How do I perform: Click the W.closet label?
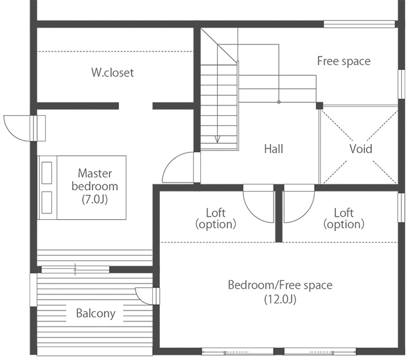(x=112, y=73)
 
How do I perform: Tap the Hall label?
(x=274, y=148)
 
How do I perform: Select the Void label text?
(x=361, y=148)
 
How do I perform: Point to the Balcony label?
(x=96, y=313)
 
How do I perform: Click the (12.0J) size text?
(x=280, y=299)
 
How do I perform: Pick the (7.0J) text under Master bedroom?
(x=94, y=199)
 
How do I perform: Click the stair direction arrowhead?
(x=217, y=139)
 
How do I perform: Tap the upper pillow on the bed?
(x=47, y=173)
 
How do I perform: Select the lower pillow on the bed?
(x=47, y=203)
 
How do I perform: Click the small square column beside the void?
(x=319, y=105)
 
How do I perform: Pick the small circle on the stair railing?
(x=279, y=102)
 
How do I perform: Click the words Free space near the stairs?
(x=344, y=61)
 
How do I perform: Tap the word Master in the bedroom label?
(x=94, y=174)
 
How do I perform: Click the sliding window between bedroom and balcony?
(x=75, y=269)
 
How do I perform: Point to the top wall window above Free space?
(x=359, y=24)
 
